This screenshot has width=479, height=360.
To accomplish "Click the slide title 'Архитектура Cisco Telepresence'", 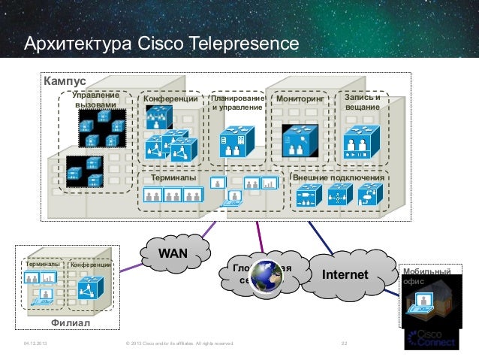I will tap(162, 44).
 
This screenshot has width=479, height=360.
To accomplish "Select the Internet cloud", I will tap(345, 275).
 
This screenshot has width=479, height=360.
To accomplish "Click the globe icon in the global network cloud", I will tap(264, 276).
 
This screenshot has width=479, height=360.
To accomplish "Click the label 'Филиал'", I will tap(70, 323).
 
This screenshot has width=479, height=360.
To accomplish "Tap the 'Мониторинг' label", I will tap(300, 98).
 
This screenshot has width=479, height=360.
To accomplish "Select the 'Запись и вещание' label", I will tap(363, 102).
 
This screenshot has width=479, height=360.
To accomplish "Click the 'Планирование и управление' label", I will tap(237, 103).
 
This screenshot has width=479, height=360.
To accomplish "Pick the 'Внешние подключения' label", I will tap(339, 179).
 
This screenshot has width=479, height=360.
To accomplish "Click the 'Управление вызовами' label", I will tap(95, 100).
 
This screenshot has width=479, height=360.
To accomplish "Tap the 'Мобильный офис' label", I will tap(427, 275).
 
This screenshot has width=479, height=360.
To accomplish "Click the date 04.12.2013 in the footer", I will tap(37, 344).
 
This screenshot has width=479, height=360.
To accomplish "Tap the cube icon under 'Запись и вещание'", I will tap(363, 141).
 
